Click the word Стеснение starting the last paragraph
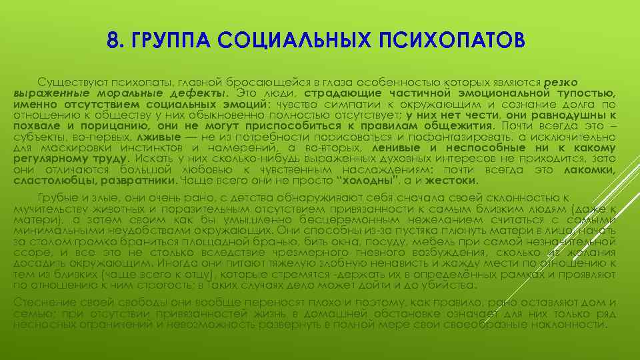coord(45,303)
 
